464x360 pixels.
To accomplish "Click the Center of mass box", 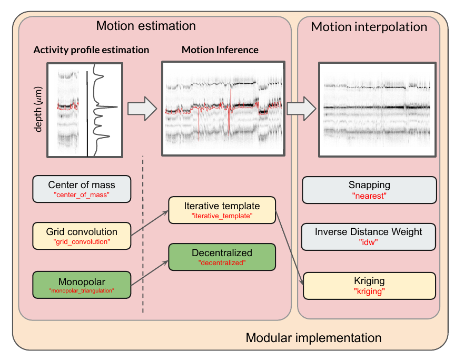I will [x=81, y=189].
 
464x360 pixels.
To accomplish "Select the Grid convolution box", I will [x=81, y=236].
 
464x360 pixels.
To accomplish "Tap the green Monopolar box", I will [x=81, y=285].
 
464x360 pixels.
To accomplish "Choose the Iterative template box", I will [x=222, y=210].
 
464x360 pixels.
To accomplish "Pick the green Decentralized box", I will [x=222, y=257].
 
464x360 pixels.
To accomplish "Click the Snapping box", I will [x=369, y=190].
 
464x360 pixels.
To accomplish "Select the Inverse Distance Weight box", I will [x=369, y=236].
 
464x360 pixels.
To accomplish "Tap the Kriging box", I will [x=369, y=285].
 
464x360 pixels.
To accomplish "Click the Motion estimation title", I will [x=146, y=26].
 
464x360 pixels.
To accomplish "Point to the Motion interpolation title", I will [x=369, y=26].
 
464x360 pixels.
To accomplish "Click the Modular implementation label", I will [x=313, y=337].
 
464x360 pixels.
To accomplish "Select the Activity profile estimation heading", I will [x=91, y=50].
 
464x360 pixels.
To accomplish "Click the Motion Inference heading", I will [x=220, y=50].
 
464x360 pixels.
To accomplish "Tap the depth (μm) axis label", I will [x=38, y=110].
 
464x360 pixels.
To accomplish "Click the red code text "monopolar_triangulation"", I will [x=81, y=291].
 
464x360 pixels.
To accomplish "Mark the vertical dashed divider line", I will [x=143, y=237].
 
